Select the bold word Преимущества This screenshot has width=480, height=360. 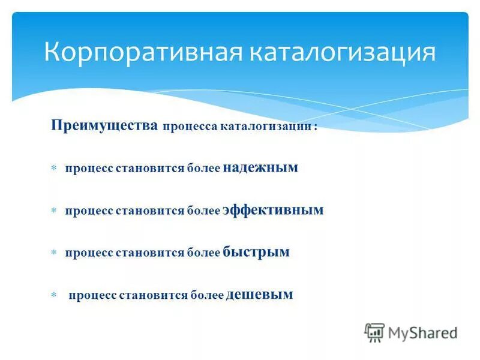pos(104,125)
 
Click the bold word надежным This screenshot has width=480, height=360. pos(260,168)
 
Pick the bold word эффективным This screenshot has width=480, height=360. pos(273,210)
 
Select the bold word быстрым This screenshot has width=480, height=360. pos(256,252)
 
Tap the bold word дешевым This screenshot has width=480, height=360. pos(260,294)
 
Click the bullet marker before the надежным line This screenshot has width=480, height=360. pos(53,169)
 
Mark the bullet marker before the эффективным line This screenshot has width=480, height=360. pos(53,211)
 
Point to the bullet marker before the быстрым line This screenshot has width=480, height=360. pos(53,253)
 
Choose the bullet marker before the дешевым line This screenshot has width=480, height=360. pos(53,295)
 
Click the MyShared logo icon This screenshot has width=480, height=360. pos(374,332)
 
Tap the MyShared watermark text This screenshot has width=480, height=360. pos(422,332)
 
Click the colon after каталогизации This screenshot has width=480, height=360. pos(316,127)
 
